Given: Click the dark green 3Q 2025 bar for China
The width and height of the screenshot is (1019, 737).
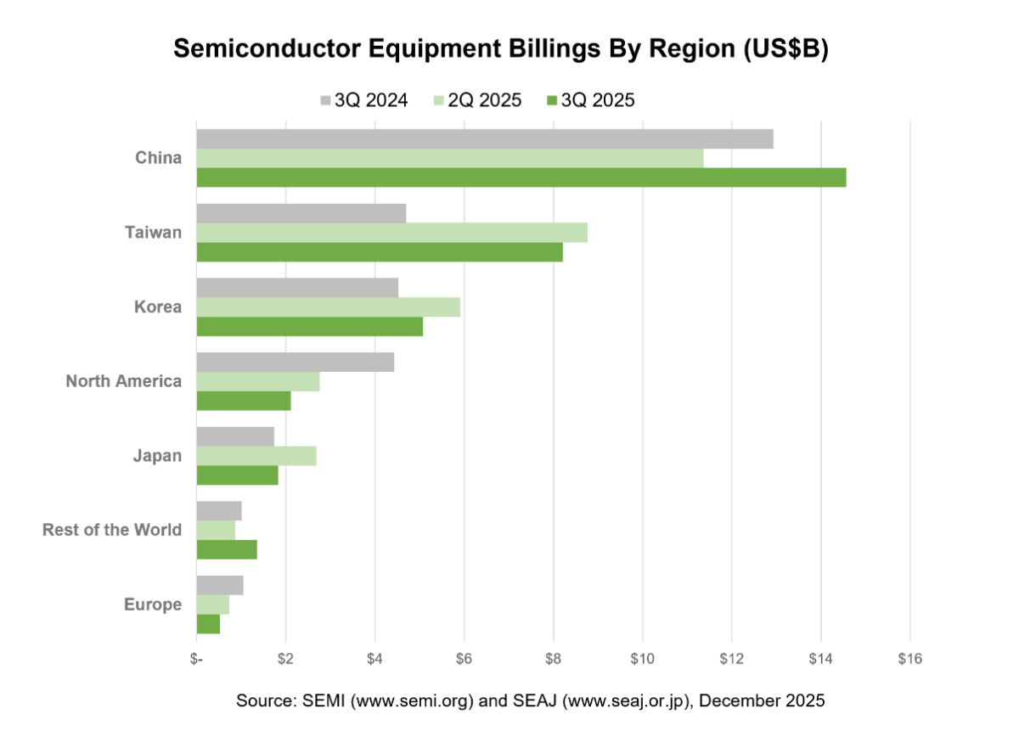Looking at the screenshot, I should coord(521,177).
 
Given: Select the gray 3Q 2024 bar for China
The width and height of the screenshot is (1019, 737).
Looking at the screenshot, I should coord(484,139).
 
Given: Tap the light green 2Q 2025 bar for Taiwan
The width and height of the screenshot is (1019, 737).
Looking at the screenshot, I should coord(391,233).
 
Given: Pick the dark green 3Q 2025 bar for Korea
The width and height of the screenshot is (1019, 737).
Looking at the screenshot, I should coord(309,326).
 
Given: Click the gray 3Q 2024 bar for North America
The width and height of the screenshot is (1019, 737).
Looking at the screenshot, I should coord(295,363).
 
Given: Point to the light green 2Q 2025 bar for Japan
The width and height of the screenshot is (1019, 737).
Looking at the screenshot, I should coord(256,455).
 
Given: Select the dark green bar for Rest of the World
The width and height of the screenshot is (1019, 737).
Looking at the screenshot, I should coord(226,549).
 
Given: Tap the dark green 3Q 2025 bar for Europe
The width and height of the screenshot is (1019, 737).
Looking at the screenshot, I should coord(208,623).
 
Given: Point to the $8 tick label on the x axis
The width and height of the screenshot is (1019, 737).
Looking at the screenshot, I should coord(553,660).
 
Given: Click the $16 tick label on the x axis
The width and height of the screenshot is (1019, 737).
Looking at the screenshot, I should coord(909,660).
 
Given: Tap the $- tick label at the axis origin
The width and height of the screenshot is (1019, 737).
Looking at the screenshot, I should coord(196,660).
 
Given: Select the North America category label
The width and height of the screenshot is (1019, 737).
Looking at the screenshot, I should coord(123,381).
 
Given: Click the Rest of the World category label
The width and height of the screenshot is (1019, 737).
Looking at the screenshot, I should coord(112,530).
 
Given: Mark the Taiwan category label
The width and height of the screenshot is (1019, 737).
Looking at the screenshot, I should coord(153,232).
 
